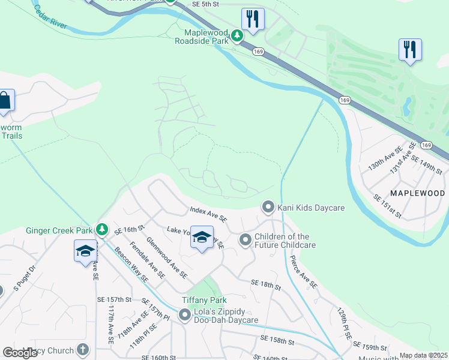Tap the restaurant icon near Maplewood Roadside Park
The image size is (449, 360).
point(253,19)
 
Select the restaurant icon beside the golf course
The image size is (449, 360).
point(410,49)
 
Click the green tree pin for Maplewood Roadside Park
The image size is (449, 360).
point(238,36)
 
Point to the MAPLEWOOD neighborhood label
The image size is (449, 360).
point(417,193)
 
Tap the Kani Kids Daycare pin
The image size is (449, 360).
point(268,207)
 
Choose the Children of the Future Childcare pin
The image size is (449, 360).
point(245,240)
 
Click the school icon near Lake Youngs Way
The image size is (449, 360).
point(202,238)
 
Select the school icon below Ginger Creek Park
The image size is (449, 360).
point(85,250)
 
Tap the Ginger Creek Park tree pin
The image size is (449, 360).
point(102,229)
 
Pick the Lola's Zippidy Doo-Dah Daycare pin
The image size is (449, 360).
point(185,314)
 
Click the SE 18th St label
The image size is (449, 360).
point(266,284)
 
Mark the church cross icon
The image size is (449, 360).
point(83,349)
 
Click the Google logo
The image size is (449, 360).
point(20,353)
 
